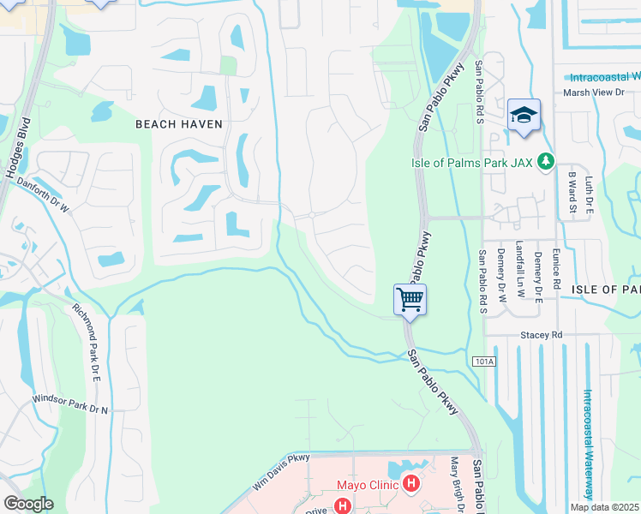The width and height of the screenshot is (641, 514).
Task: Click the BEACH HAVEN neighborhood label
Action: (x=179, y=124)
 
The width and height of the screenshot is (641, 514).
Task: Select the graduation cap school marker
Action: (x=524, y=116)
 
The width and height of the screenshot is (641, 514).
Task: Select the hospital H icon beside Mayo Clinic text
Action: (x=412, y=485)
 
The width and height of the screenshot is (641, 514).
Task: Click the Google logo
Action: (x=28, y=504)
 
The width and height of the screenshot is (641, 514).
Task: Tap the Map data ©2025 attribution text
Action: (x=604, y=507)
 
